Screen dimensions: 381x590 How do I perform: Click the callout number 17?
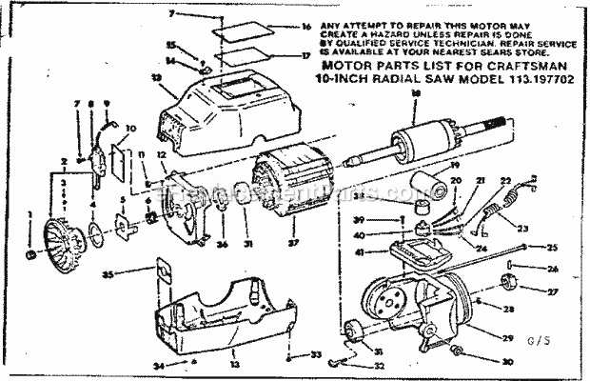click(305, 55)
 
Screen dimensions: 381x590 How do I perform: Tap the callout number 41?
click(384, 252)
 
